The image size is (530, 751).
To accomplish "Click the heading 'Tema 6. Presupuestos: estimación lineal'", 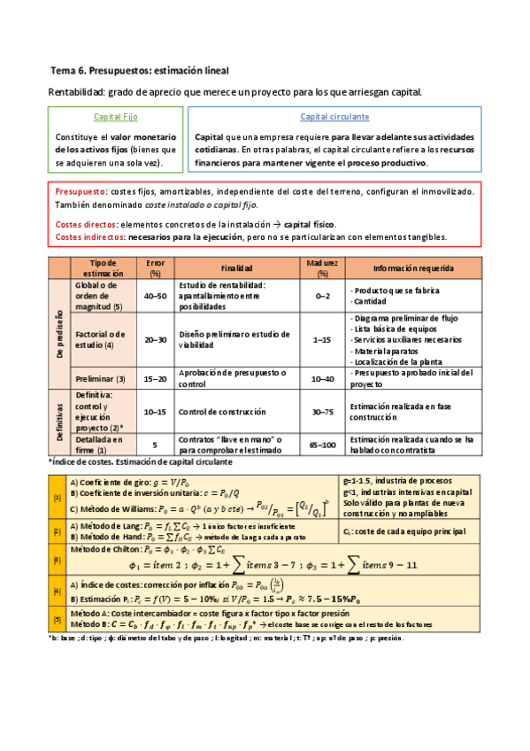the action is pos(141,70).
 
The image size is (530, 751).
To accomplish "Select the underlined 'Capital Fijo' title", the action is pos(115,117).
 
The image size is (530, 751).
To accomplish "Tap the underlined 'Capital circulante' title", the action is pos(334,117).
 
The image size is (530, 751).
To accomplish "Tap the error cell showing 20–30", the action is pos(155,339).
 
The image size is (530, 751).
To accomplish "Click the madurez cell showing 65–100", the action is pos(322,445).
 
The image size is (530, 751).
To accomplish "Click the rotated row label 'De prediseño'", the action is pos(58,335).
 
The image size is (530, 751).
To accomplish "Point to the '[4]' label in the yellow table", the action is pos(57,591).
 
